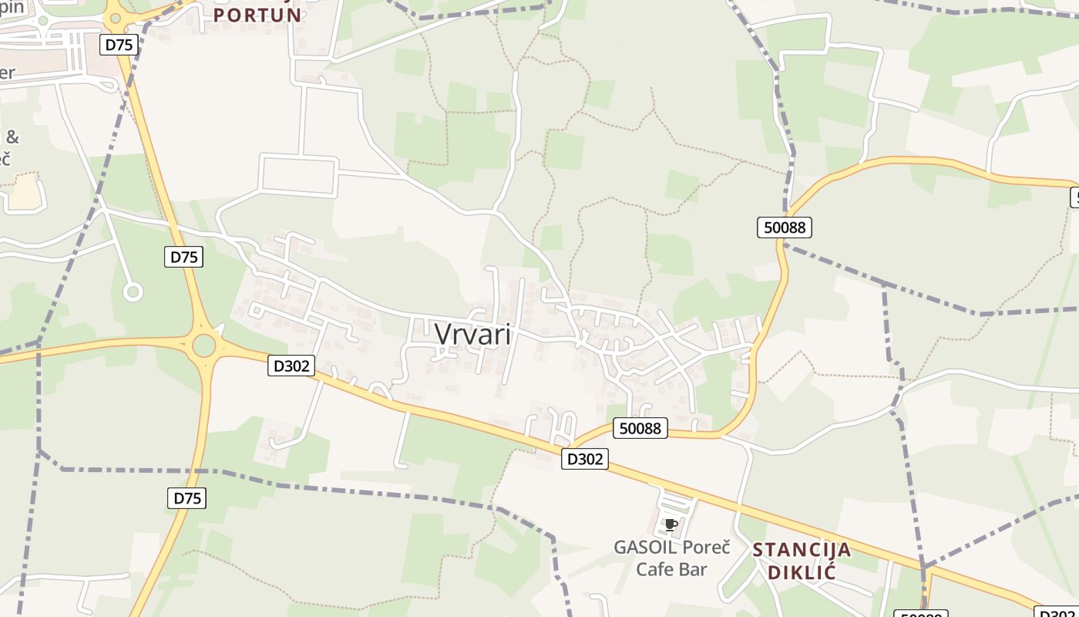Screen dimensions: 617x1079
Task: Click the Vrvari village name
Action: (473, 334)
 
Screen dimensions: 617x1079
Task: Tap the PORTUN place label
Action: (257, 15)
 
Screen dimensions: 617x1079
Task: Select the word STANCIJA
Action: (802, 550)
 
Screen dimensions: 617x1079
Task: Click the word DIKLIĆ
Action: (802, 572)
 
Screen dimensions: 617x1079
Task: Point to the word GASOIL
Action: (645, 548)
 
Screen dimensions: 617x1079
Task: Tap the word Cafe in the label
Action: (654, 570)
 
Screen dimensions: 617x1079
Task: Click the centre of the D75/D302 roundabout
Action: (203, 345)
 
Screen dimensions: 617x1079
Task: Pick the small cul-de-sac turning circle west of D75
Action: (133, 292)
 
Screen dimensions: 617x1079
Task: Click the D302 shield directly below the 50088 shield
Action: (586, 459)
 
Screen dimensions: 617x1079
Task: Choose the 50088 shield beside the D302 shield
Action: (640, 428)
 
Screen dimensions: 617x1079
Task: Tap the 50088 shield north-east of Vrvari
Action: (785, 227)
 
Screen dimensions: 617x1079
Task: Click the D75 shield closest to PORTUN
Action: (119, 45)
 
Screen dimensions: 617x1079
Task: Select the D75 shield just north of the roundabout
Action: (183, 257)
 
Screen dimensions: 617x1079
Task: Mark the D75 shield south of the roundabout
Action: (187, 498)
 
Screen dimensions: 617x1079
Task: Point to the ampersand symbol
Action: (12, 138)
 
